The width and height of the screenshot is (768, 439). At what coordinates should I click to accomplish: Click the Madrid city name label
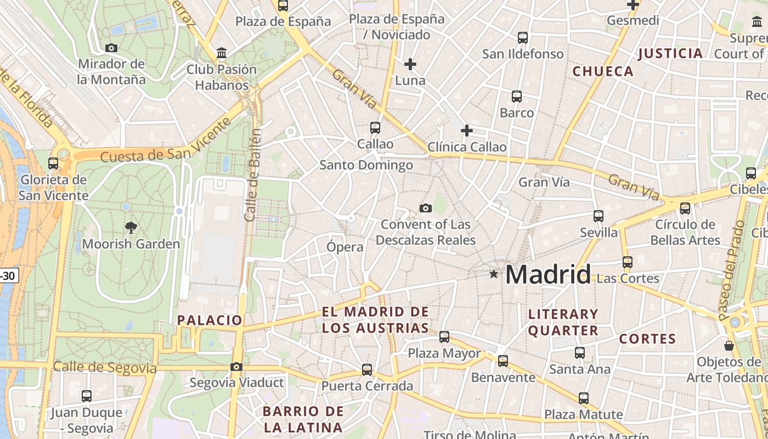[x=548, y=274]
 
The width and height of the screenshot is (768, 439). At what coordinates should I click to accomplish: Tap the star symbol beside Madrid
[x=494, y=273]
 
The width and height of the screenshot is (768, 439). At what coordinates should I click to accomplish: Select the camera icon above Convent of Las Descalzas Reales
[x=425, y=208]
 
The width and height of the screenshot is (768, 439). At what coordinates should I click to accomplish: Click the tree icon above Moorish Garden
[x=131, y=227]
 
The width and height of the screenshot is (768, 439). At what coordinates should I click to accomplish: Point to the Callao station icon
[x=375, y=127]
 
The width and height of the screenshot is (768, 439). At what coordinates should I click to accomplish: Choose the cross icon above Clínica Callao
[x=467, y=131]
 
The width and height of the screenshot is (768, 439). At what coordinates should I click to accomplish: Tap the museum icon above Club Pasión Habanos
[x=222, y=53]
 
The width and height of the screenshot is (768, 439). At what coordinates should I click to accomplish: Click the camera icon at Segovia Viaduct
[x=236, y=367]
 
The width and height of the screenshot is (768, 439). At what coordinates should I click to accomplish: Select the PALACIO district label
[x=210, y=320]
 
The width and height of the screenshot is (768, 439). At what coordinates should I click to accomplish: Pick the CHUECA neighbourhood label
[x=603, y=71]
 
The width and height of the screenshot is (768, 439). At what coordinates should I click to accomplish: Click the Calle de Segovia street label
[x=105, y=368]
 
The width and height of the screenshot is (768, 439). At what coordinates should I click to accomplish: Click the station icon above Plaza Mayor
[x=444, y=337]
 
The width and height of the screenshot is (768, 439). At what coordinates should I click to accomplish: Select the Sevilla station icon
[x=598, y=216]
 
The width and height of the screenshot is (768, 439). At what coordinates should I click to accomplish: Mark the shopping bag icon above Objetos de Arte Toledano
[x=729, y=346]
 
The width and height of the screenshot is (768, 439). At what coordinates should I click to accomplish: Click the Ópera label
[x=345, y=247]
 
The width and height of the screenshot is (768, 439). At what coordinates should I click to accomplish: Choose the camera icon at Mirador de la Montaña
[x=111, y=48]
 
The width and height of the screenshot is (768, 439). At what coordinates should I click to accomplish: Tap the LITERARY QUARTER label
[x=563, y=322]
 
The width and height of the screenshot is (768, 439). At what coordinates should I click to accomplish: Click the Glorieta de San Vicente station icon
[x=53, y=163]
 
